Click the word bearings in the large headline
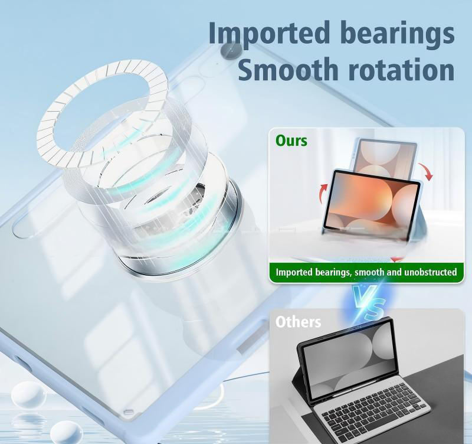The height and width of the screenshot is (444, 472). click(x=398, y=32)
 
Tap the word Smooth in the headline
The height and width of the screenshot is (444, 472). click(x=288, y=69)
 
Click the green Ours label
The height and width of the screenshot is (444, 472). click(x=291, y=141)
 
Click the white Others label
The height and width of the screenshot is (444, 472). click(x=298, y=322)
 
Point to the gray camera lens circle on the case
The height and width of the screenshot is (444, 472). click(x=231, y=50)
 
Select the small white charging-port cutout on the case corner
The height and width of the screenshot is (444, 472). click(x=128, y=412)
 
